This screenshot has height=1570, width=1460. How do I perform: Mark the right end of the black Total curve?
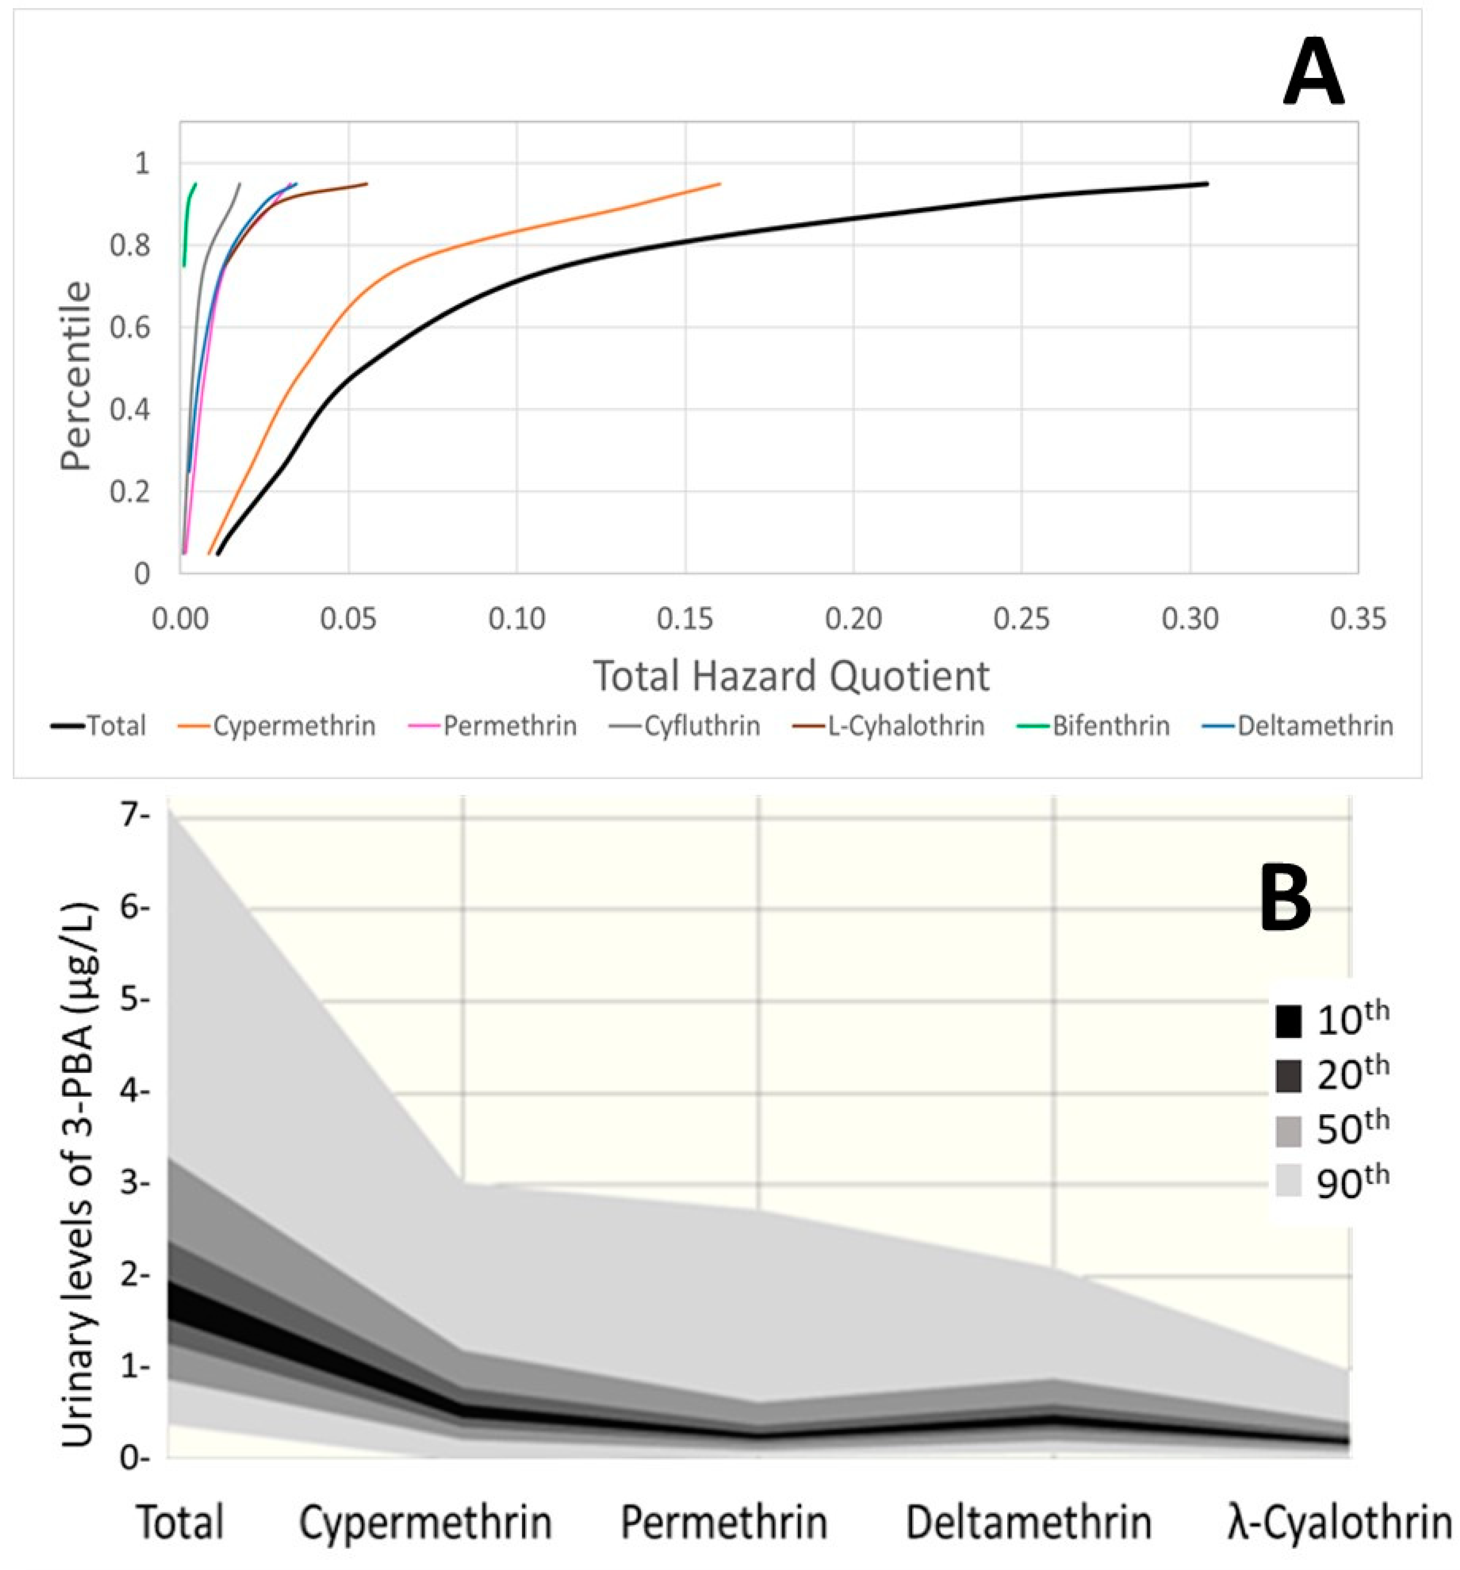[x=1206, y=184]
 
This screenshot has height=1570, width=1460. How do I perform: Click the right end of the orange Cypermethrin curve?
[x=719, y=184]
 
